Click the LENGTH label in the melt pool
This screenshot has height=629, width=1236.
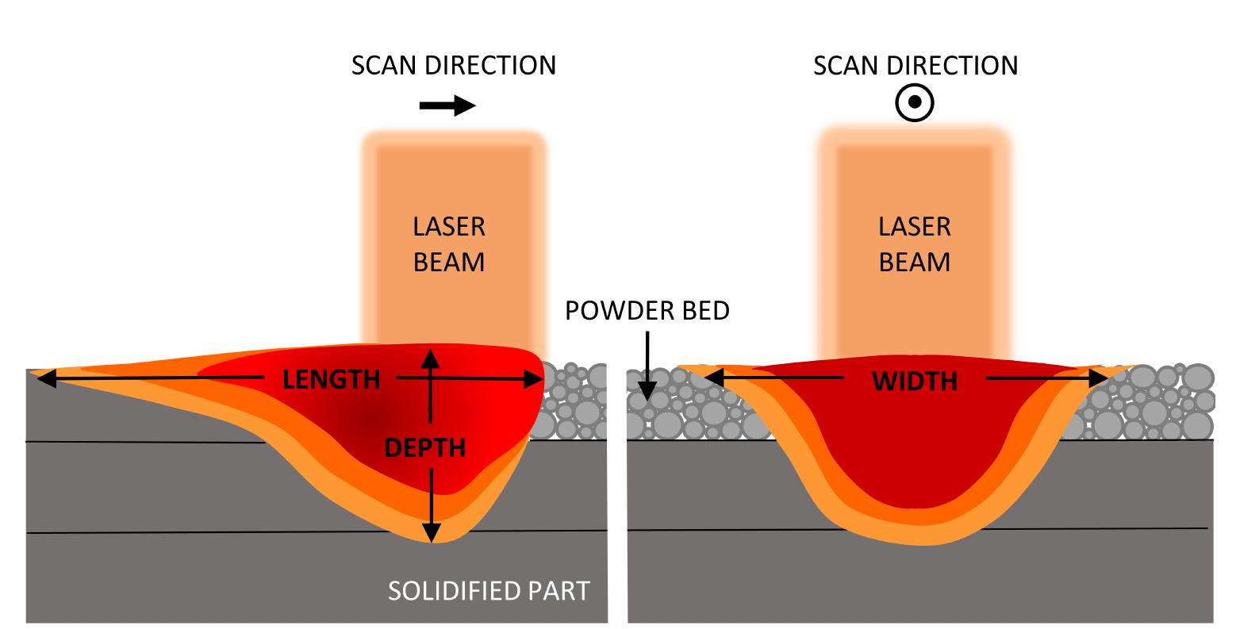point(332,379)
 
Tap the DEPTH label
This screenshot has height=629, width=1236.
point(424,448)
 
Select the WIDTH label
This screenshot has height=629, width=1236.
point(915,382)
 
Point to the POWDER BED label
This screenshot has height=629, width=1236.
point(647,311)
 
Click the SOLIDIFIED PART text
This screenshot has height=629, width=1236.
point(488,591)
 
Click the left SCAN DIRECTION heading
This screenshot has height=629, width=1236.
point(454,65)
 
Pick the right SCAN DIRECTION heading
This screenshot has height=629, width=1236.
point(915,65)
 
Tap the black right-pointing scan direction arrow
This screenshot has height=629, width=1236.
point(447,106)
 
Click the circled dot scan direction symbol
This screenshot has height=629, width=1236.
point(915,102)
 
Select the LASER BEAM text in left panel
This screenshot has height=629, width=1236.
point(449,244)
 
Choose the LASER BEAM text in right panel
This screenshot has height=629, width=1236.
point(914,244)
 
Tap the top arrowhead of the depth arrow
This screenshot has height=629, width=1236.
point(430,355)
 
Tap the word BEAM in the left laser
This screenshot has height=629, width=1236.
point(449,262)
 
